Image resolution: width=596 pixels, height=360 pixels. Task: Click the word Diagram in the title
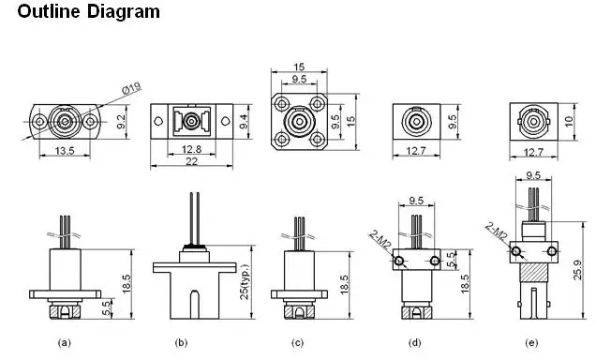click(124, 11)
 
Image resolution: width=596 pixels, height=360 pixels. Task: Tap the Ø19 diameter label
click(131, 89)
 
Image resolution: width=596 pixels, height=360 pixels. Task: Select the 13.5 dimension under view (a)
click(65, 151)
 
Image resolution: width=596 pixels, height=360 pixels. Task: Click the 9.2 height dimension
click(122, 122)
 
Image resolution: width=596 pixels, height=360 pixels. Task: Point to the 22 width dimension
click(191, 161)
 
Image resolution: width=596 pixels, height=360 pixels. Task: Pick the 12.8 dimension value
click(191, 149)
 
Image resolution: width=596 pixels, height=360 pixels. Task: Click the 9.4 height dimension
click(244, 122)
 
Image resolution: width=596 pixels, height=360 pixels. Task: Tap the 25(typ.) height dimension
click(245, 281)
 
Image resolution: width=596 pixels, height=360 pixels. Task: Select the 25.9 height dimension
click(577, 270)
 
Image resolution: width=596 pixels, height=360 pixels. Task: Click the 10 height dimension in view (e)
click(569, 122)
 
